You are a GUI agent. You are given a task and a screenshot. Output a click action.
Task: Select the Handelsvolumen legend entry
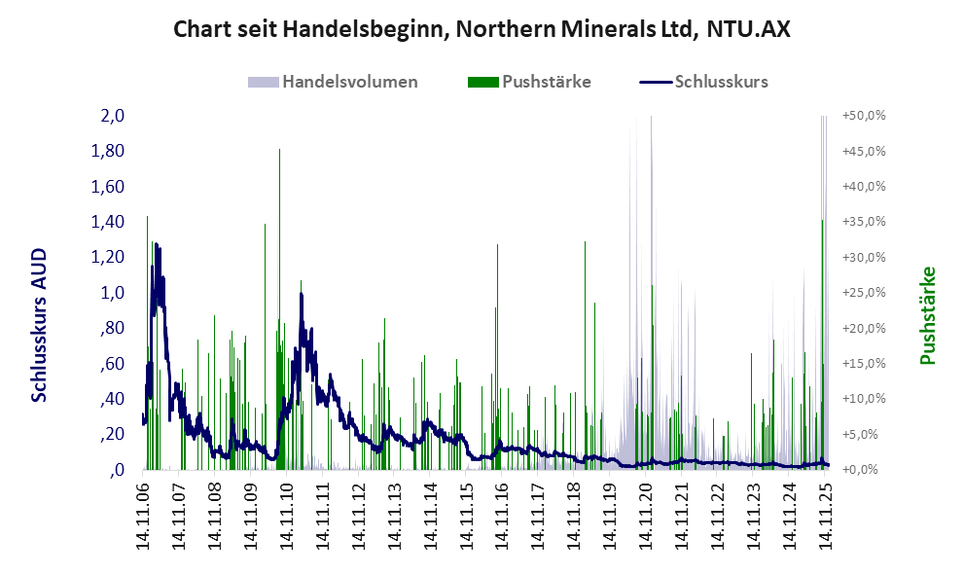coord(349,82)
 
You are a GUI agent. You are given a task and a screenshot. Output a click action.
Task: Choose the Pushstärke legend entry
coord(546,82)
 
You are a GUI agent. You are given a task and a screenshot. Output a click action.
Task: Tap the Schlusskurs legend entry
coord(720,82)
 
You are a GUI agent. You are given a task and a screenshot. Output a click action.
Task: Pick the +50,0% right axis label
coord(863,116)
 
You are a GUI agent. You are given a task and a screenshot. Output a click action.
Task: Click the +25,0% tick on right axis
coord(863,293)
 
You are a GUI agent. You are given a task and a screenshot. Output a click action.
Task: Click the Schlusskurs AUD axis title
coord(40,325)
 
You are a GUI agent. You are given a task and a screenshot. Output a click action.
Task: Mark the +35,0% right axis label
coord(863,222)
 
